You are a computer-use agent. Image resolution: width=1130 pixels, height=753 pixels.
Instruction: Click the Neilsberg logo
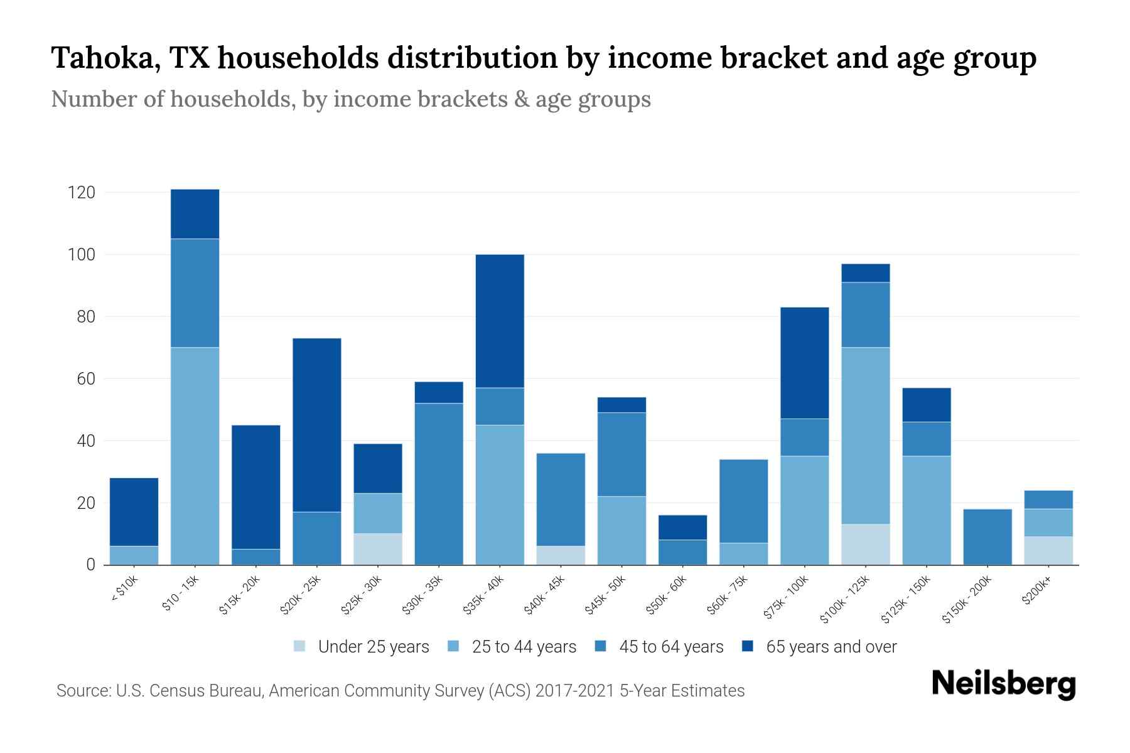click(1003, 684)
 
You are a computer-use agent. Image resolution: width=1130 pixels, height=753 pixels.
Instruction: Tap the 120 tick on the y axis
click(82, 193)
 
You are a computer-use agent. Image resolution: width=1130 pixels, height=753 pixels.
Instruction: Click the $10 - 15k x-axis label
click(180, 593)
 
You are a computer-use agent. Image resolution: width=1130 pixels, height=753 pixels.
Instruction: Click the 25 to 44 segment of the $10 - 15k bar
click(195, 456)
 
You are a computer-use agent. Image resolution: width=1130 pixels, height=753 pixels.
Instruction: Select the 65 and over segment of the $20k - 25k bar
click(316, 425)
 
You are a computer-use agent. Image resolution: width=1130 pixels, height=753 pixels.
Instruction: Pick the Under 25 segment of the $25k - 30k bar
click(377, 549)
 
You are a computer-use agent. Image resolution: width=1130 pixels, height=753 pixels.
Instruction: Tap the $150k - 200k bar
click(987, 537)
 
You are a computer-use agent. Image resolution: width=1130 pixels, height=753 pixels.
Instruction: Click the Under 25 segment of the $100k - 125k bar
click(865, 544)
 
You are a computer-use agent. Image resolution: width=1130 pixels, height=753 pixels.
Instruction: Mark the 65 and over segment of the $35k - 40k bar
click(500, 321)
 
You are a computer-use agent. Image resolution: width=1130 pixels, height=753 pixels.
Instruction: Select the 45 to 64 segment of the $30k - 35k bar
click(438, 483)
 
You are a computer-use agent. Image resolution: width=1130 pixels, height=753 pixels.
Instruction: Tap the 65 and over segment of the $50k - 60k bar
click(682, 527)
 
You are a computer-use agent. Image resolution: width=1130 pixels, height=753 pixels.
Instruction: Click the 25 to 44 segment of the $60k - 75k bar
click(743, 553)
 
